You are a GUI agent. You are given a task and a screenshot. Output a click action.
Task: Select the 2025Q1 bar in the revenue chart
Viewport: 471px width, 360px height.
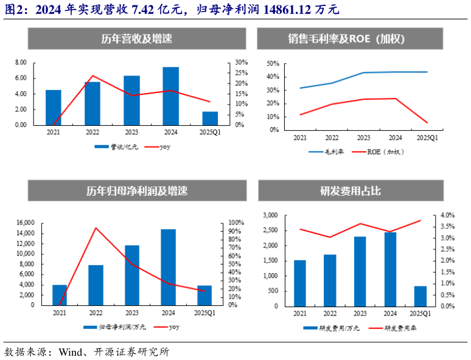pyautogui.click(x=210, y=118)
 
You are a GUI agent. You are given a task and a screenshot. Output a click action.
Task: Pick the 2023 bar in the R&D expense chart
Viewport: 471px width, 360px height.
pyautogui.click(x=360, y=271)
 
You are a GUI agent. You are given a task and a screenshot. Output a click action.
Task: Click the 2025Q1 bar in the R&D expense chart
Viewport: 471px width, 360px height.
pyautogui.click(x=420, y=296)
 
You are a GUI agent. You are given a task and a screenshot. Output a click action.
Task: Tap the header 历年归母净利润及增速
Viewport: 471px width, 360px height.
pyautogui.click(x=137, y=191)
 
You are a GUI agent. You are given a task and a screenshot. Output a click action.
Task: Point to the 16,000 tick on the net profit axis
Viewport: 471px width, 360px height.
pyautogui.click(x=25, y=223)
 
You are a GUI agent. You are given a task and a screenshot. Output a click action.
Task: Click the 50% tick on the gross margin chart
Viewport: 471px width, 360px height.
pyautogui.click(x=273, y=63)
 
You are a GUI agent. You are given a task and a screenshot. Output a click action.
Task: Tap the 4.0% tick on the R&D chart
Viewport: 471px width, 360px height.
pyautogui.click(x=447, y=215)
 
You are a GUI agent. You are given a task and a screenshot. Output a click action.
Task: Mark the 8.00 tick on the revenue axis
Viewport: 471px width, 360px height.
pyautogui.click(x=21, y=63)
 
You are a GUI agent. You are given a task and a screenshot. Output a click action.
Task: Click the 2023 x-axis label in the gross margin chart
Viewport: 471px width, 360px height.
pyautogui.click(x=363, y=138)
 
